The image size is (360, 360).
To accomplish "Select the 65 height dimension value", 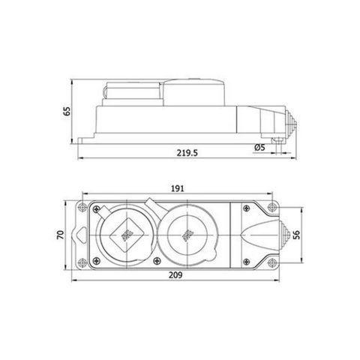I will click(68, 111).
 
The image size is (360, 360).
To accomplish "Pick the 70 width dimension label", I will click(66, 235).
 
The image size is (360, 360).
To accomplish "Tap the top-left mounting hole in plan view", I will click(82, 205).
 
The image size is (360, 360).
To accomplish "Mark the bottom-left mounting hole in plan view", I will click(82, 263).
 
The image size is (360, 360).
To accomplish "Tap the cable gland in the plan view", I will click(286, 235).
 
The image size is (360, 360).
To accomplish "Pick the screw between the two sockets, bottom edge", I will click(154, 262).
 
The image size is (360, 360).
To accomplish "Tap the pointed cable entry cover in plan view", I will click(259, 234).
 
